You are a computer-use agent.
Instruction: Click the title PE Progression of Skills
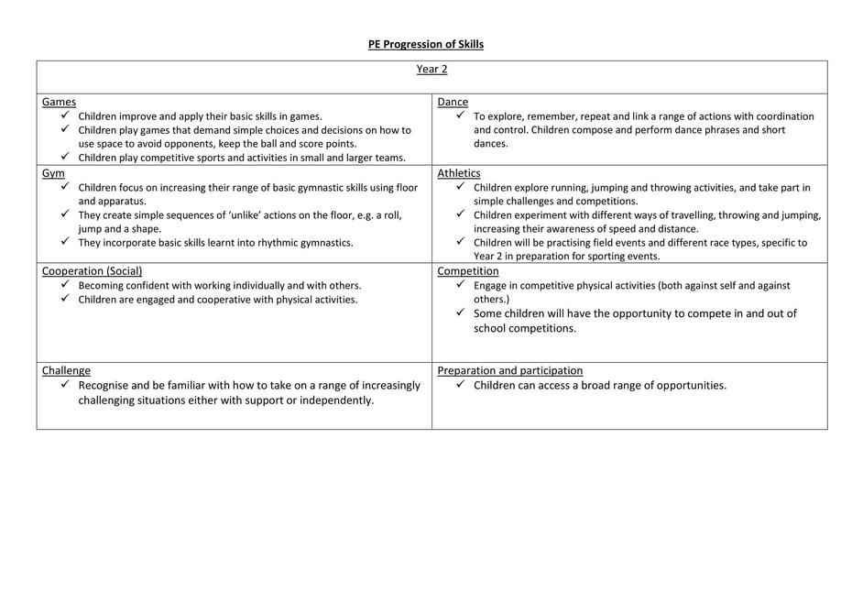coord(426,44)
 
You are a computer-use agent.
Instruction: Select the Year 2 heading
coord(431,69)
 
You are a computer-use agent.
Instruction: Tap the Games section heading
coord(59,102)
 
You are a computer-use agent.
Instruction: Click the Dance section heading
coord(453,102)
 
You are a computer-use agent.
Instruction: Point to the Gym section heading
coord(53,173)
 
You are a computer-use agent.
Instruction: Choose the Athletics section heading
coord(459,173)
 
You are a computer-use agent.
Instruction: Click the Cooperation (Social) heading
coord(92,271)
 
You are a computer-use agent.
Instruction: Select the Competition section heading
coord(468,271)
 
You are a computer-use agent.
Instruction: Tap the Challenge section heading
coord(66,370)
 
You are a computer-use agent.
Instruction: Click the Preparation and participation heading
coord(510,370)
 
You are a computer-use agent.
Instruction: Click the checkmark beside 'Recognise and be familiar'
coord(65,385)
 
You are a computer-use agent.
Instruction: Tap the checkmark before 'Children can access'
coord(461,385)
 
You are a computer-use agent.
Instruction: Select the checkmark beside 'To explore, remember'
coord(461,115)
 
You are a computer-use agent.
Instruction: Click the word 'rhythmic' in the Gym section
coord(259,243)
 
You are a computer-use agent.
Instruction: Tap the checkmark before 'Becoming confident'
coord(65,285)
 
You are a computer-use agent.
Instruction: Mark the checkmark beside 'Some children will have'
coord(461,313)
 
